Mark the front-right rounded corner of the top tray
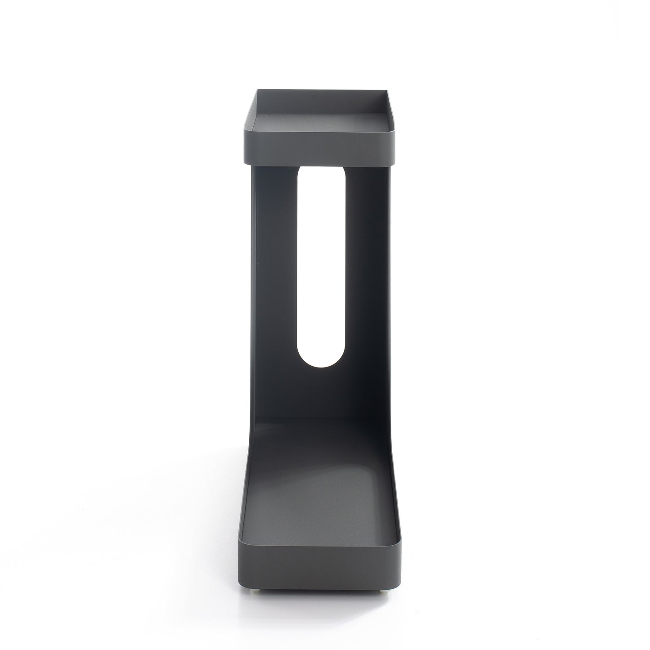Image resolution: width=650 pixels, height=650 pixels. pyautogui.click(x=394, y=148)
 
